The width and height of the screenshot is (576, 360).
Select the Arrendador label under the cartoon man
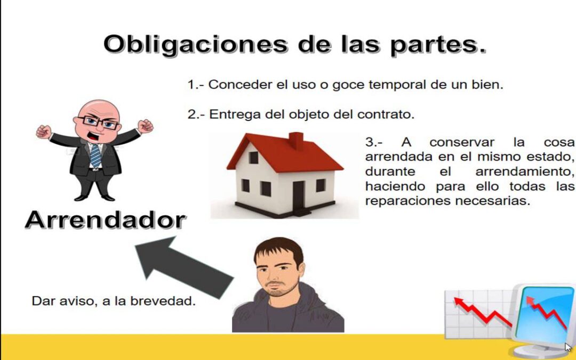105,220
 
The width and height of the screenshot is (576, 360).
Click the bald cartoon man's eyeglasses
101,122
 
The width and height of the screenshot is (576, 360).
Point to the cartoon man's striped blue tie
95,155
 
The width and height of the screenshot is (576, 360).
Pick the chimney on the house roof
296,141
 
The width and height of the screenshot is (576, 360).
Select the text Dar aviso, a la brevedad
114,301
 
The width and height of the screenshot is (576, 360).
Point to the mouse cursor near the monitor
568,347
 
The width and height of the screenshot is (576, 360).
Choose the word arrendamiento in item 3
524,172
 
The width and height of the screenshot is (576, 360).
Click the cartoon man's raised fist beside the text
145,126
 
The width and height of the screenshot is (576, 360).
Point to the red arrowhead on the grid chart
457,302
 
